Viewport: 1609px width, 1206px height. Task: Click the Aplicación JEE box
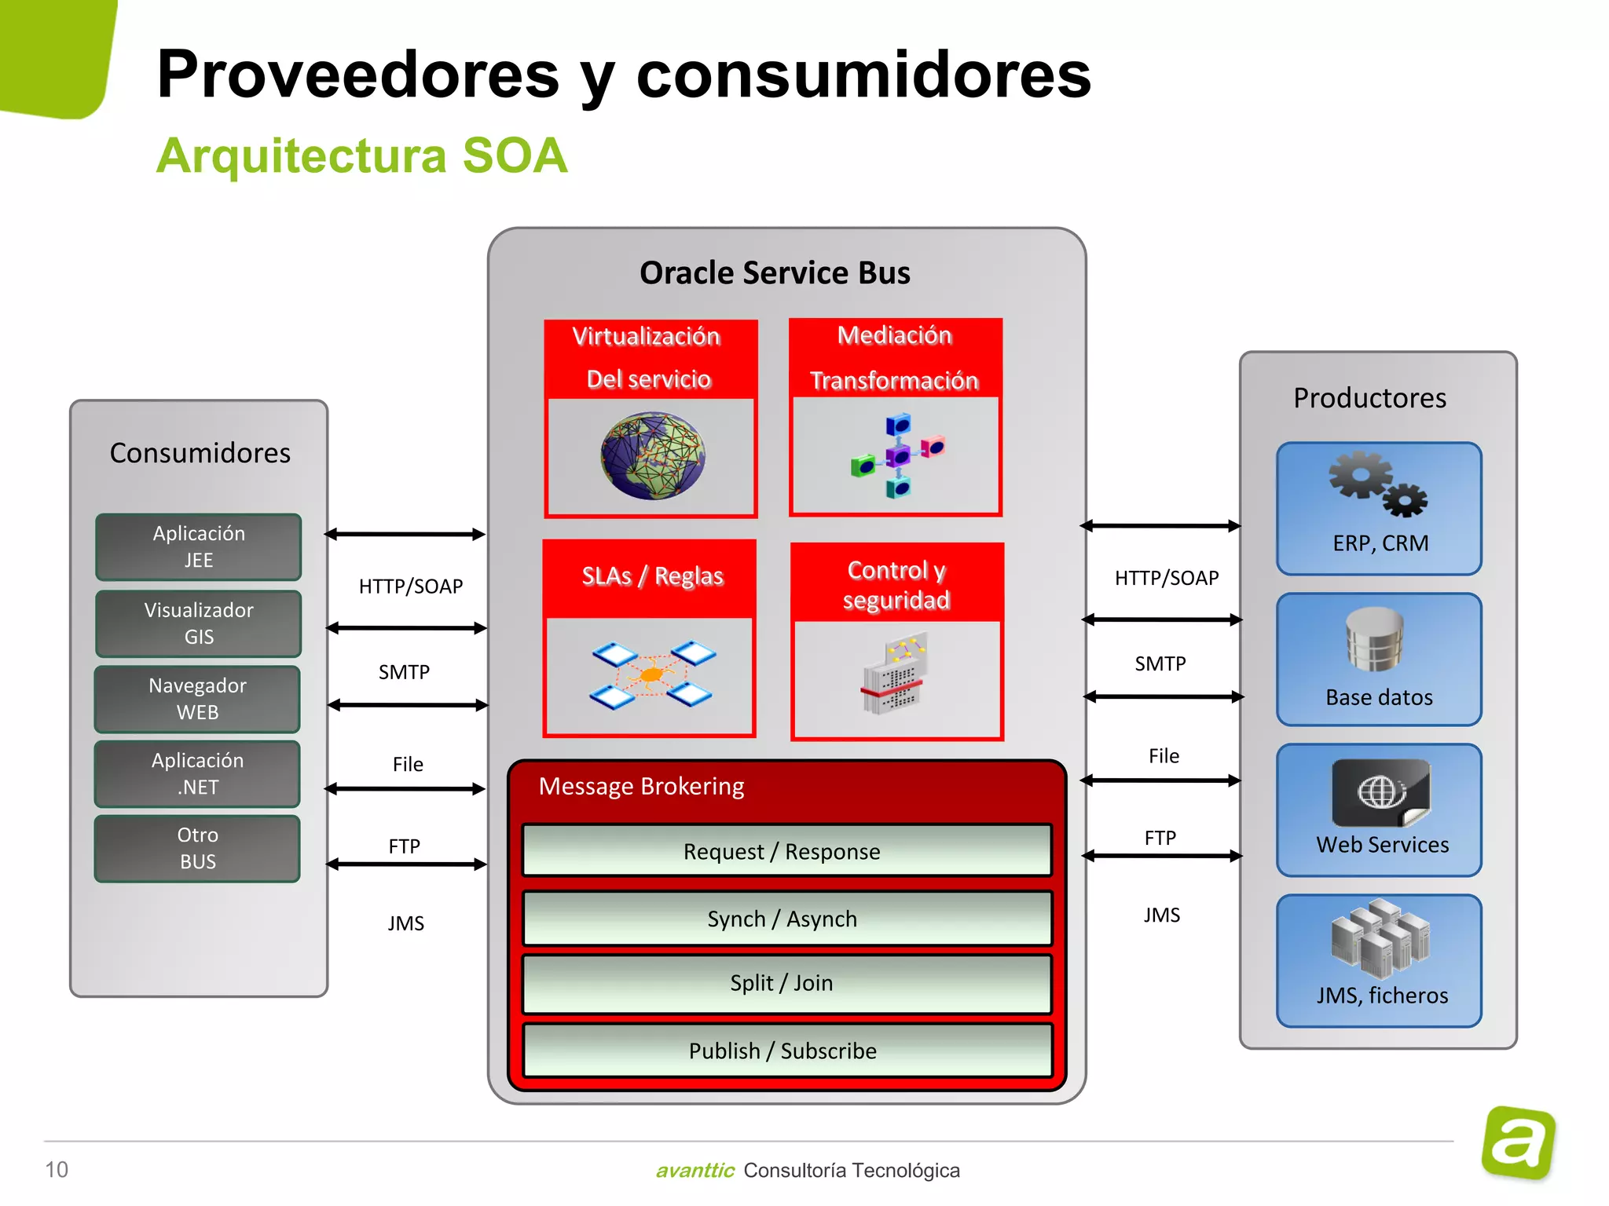[198, 546]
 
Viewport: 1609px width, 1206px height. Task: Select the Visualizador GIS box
[198, 623]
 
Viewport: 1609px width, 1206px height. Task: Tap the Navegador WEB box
[197, 699]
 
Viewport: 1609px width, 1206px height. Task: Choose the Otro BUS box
[197, 848]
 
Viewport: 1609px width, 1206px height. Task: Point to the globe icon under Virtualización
[652, 456]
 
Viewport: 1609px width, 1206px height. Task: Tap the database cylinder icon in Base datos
[1374, 639]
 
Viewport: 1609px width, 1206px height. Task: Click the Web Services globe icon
[1381, 792]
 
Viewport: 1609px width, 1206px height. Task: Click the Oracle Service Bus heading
[775, 272]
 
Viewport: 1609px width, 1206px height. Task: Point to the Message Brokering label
[641, 786]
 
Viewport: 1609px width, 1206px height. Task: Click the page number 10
[57, 1169]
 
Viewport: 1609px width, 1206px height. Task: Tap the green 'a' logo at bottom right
[1519, 1142]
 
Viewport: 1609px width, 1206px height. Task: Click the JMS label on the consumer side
[405, 923]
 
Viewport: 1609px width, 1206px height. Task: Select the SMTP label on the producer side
[1160, 663]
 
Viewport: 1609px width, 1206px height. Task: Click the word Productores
[1369, 398]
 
